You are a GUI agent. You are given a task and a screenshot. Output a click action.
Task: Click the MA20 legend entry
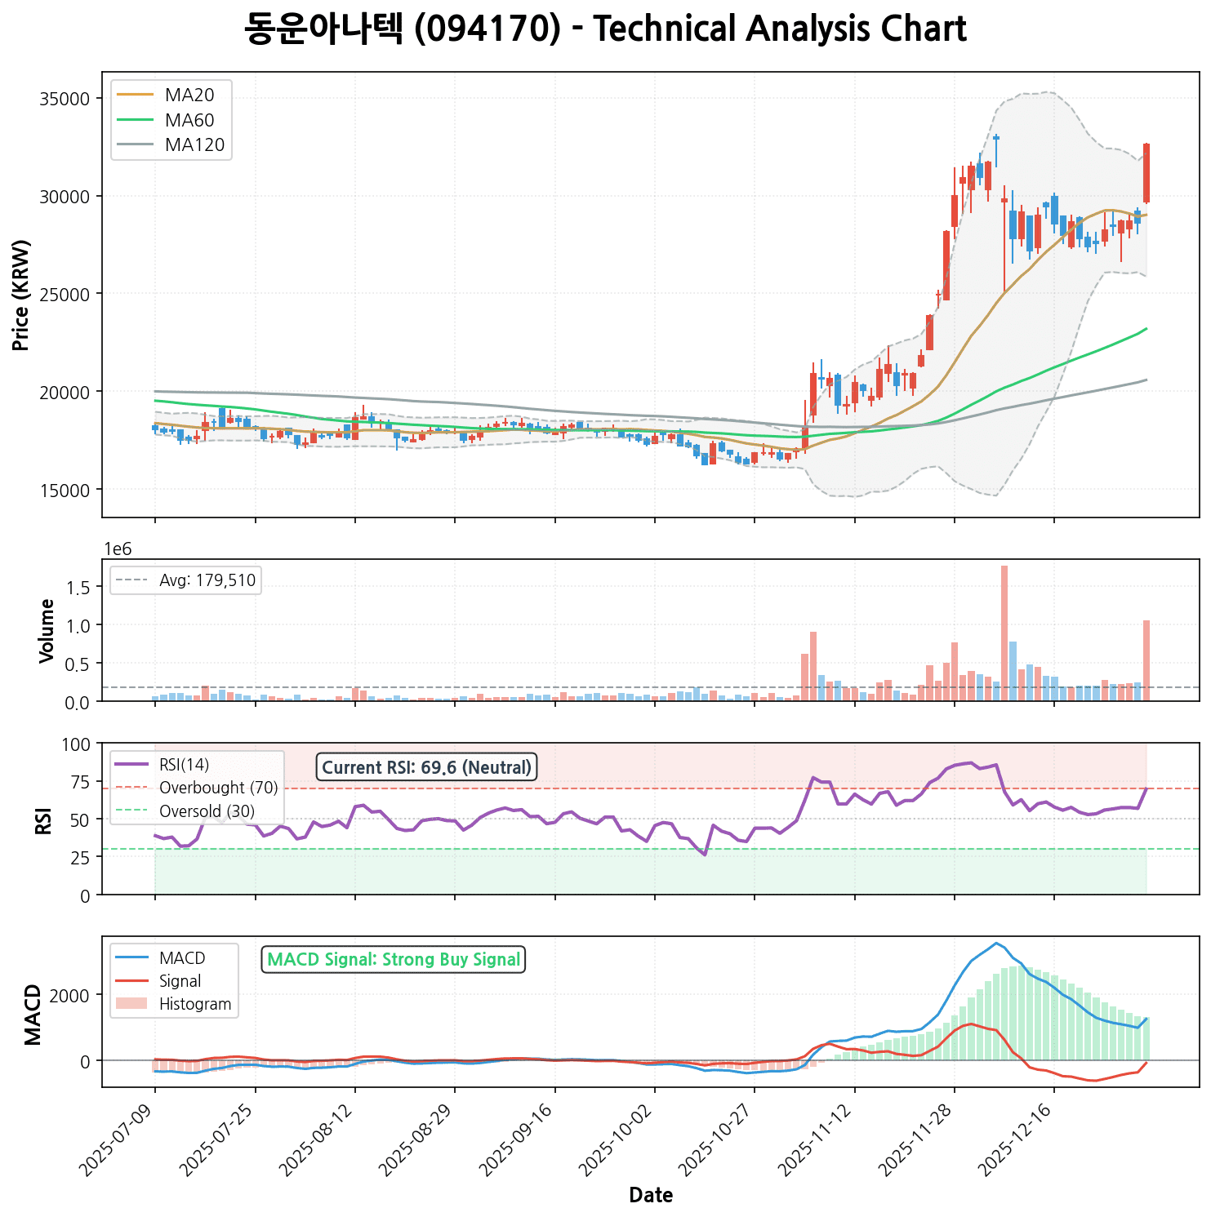click(189, 95)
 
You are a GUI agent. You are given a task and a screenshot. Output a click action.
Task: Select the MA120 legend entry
click(194, 145)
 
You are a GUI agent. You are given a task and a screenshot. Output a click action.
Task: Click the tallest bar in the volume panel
click(1004, 633)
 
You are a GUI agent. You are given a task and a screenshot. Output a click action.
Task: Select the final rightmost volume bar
click(1146, 660)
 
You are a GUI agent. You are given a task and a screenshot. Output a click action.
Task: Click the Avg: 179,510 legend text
click(207, 580)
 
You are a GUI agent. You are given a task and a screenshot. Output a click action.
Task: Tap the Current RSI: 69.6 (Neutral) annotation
click(427, 767)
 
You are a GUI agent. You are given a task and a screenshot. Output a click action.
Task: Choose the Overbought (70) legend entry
click(218, 788)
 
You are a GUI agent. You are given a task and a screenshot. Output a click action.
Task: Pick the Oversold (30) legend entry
click(207, 811)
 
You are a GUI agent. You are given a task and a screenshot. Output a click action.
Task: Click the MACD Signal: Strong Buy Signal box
click(394, 959)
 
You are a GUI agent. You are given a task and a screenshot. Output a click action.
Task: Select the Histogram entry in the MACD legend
click(195, 1004)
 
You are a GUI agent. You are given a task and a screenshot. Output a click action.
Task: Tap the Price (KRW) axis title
click(22, 295)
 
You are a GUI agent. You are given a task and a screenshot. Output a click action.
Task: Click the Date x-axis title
click(651, 1196)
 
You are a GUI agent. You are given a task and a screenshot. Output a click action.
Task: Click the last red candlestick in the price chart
click(1146, 173)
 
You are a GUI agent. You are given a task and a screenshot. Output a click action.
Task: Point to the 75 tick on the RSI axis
click(82, 781)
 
